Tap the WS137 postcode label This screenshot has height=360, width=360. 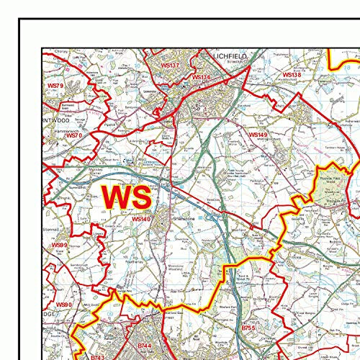[169, 65]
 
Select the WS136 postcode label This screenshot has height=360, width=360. [201, 77]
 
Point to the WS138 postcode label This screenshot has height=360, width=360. [291, 75]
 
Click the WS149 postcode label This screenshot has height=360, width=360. [258, 135]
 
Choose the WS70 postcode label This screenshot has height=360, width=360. [73, 135]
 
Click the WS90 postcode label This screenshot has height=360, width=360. [64, 305]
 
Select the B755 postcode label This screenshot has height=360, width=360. [248, 328]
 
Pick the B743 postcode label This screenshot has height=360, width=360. [97, 356]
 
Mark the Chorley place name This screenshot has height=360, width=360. [58, 51]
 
